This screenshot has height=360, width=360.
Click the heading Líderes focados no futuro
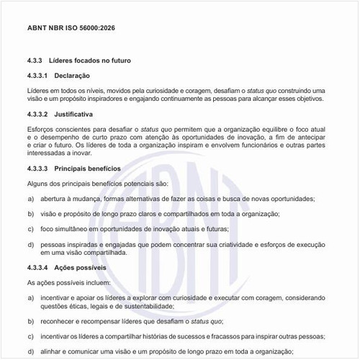[92, 60]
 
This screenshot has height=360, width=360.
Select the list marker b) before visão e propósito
[30, 214]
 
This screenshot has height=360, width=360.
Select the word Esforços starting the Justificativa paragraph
[41, 129]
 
